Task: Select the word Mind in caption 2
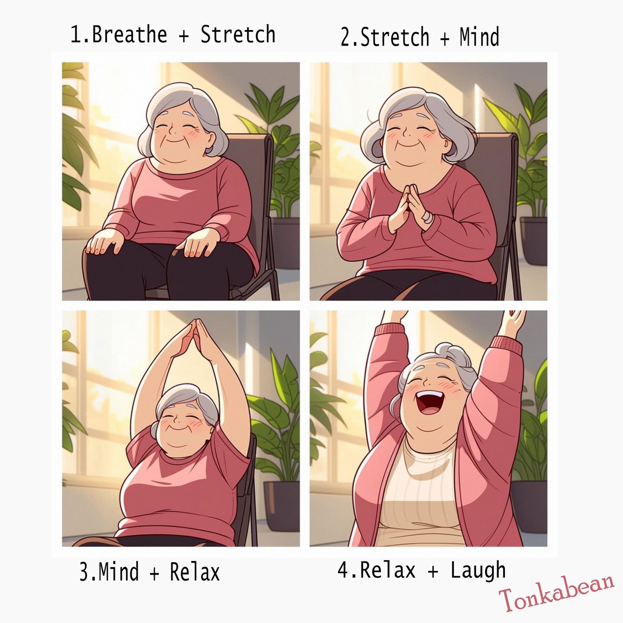[x=479, y=37]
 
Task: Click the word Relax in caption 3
[x=195, y=572]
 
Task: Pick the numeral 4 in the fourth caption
[x=343, y=570]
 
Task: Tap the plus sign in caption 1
[x=184, y=35]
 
